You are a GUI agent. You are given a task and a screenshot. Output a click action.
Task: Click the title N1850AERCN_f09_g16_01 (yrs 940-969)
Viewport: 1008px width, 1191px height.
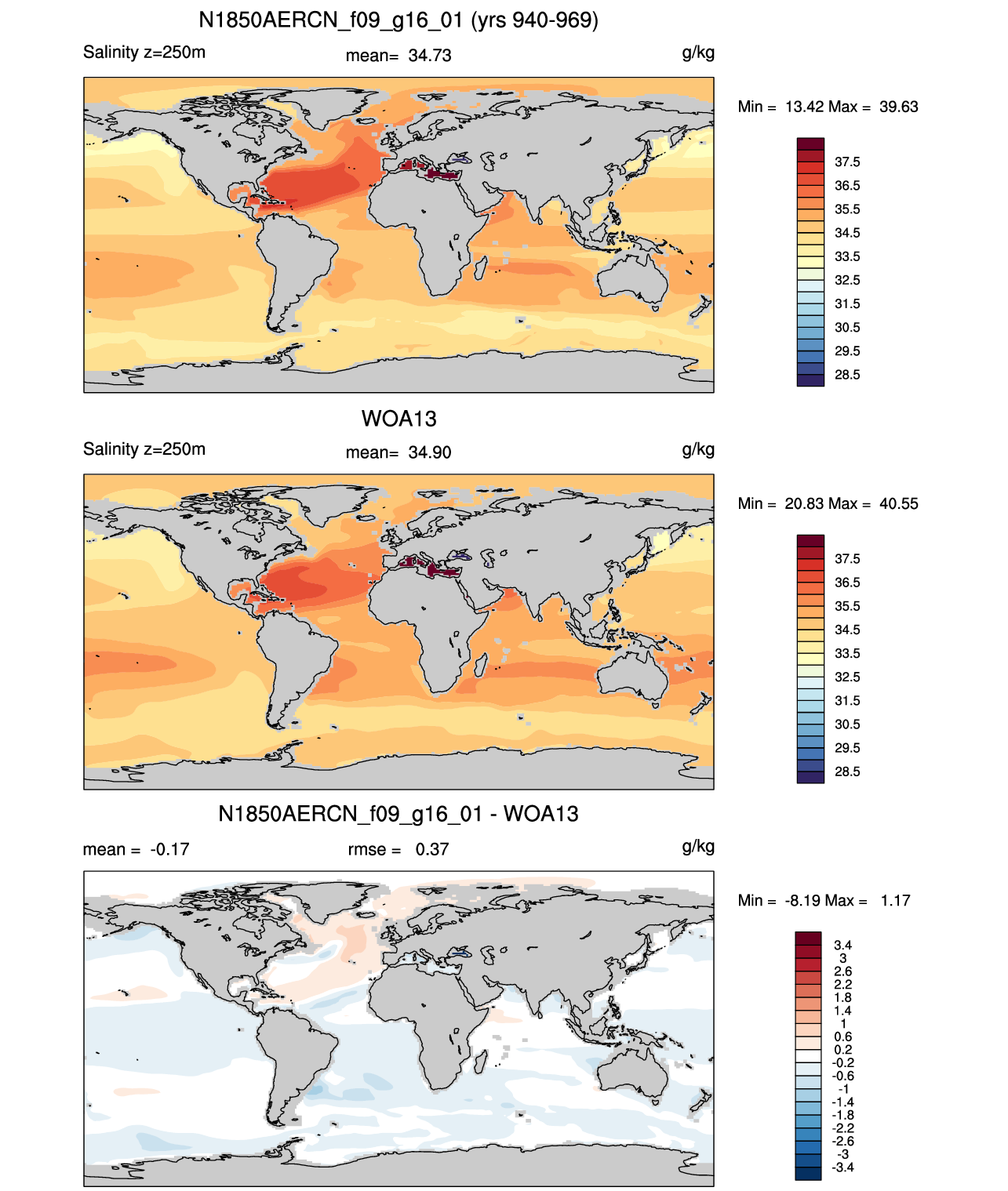398,20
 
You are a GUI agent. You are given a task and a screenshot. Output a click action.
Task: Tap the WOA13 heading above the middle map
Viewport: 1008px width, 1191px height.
398,419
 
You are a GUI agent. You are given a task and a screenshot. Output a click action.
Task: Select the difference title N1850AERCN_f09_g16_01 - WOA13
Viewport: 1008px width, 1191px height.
398,814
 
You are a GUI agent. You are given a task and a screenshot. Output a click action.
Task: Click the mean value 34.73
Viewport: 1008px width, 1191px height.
429,56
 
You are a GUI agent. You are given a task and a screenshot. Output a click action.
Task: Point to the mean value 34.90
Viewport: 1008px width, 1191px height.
429,453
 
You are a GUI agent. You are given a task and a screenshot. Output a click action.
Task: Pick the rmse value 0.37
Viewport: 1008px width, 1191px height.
431,850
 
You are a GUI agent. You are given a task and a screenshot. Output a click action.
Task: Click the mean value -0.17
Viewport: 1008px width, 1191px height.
169,850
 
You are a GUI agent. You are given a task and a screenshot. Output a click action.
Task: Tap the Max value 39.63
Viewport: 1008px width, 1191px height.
898,107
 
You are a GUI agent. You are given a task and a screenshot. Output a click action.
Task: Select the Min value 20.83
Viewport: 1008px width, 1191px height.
804,504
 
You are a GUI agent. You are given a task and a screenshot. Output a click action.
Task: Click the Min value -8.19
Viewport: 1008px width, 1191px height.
804,901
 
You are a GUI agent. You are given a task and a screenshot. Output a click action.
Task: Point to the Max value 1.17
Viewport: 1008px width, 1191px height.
895,901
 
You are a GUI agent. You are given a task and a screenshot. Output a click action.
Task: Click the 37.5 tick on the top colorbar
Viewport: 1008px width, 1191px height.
847,162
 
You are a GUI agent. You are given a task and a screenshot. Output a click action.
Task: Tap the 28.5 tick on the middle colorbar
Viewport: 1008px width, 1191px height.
847,772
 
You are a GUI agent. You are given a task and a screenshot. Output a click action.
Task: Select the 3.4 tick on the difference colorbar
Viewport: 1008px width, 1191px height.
842,945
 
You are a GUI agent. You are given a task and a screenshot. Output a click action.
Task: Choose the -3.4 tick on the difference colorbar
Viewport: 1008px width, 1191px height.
842,1168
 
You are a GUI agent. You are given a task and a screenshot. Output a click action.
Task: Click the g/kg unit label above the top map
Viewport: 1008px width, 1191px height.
698,53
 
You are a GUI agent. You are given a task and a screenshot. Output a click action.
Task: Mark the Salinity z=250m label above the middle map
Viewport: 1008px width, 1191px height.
144,449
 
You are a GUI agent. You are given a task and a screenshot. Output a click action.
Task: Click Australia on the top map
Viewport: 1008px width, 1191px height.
632,277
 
